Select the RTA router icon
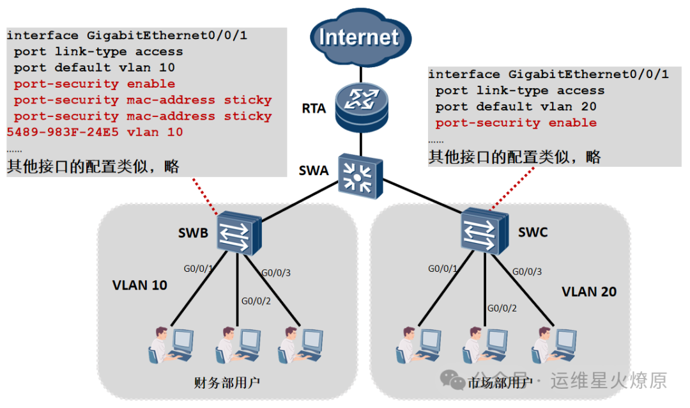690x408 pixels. [360, 104]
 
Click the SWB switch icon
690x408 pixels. [238, 233]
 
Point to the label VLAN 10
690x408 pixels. [140, 285]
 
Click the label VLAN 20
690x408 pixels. [589, 292]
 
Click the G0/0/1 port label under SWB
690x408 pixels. [197, 269]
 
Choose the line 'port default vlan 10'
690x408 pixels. [95, 67]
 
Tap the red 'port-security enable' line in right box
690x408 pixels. [516, 123]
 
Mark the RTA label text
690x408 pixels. [314, 108]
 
